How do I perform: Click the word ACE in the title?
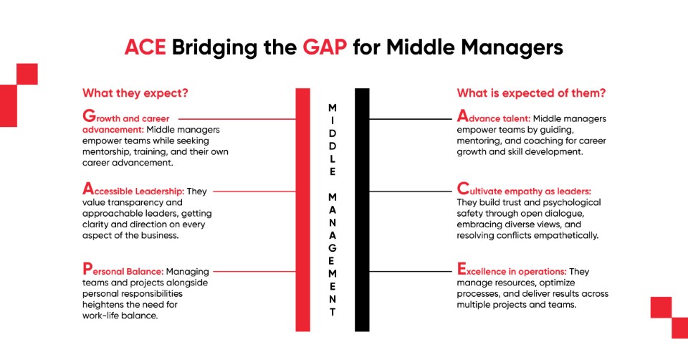pos(145,47)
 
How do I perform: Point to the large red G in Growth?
pos(89,115)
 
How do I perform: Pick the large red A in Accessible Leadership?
pos(88,190)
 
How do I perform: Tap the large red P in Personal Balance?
pos(87,270)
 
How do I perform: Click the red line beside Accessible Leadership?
pos(254,191)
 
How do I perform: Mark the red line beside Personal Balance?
pos(254,272)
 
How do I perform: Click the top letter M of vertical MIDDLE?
pos(332,106)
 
